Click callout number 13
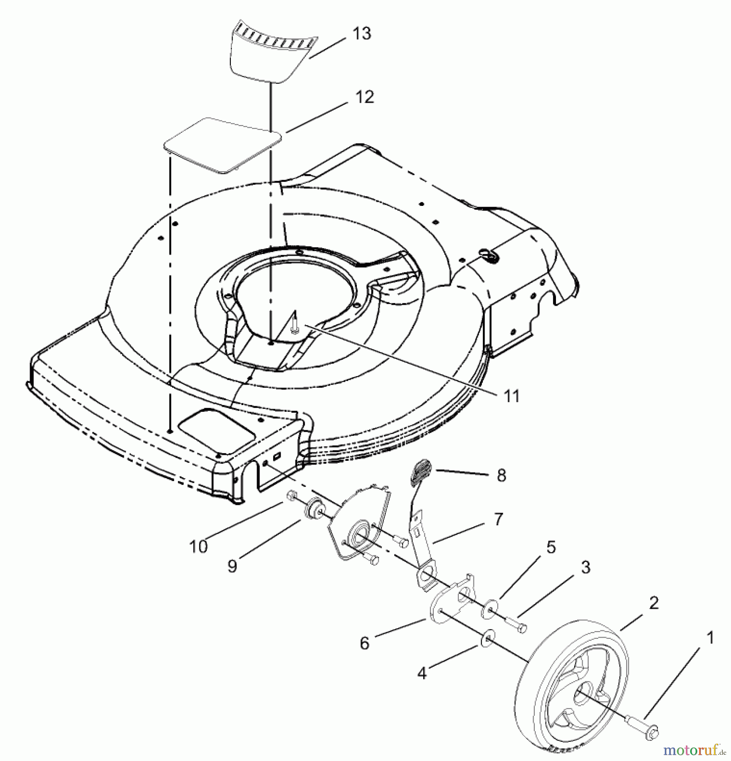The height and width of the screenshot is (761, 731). click(x=362, y=33)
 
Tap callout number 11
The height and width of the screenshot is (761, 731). click(x=512, y=396)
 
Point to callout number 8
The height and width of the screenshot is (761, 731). click(x=501, y=476)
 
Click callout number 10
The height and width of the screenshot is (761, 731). click(x=199, y=546)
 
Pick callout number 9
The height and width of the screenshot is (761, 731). click(x=232, y=566)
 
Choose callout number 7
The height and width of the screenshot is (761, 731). click(x=498, y=519)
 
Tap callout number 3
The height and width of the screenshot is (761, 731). click(x=586, y=567)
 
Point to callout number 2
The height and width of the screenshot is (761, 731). click(x=654, y=603)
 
